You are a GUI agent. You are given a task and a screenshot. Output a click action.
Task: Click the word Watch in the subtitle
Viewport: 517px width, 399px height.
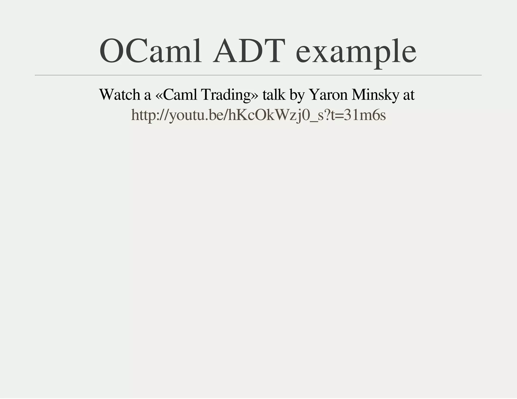pos(120,95)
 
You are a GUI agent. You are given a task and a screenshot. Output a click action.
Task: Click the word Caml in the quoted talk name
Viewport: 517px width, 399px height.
pos(180,95)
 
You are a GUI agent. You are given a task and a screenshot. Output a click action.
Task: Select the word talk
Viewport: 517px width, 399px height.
pos(274,95)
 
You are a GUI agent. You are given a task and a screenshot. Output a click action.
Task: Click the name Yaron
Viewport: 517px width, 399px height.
pos(328,95)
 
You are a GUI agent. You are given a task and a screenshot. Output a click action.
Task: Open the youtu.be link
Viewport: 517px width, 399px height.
pos(258,116)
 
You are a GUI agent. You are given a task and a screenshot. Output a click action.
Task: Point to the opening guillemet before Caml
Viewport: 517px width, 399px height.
pos(160,96)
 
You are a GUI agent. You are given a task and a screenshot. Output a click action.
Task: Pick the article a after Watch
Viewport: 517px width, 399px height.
pos(147,96)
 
